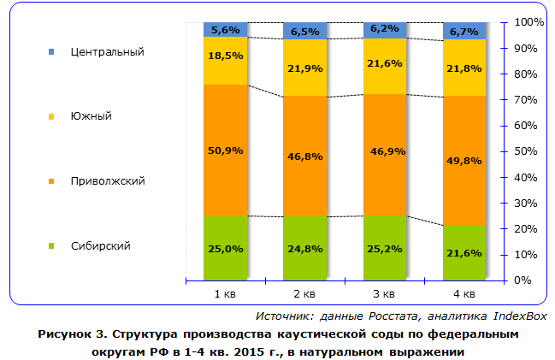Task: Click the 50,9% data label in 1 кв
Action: (226, 150)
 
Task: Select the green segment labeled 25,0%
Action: (226, 248)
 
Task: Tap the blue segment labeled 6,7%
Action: (465, 32)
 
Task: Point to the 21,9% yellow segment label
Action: (305, 68)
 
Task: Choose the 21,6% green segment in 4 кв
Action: (465, 253)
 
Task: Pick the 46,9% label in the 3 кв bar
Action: (386, 150)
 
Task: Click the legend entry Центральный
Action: (107, 51)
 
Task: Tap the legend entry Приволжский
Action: (107, 181)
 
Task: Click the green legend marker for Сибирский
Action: (52, 246)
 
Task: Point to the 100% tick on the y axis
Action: (529, 21)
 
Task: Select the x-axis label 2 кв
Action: (305, 295)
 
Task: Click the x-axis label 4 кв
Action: (465, 295)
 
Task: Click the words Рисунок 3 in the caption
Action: (68, 334)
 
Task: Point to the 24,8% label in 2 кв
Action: (305, 248)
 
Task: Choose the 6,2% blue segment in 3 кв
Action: (386, 29)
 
